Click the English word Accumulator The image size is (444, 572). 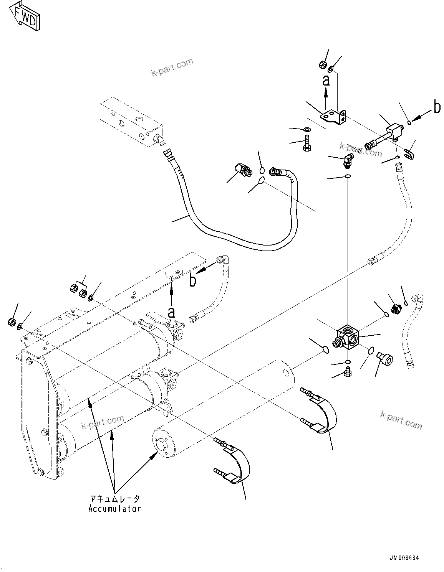click(x=114, y=509)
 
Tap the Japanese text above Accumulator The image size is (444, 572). click(x=114, y=499)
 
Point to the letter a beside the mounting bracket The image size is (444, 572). click(x=326, y=81)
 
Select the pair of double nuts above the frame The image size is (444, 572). click(x=78, y=291)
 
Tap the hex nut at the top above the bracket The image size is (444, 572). click(x=323, y=65)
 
